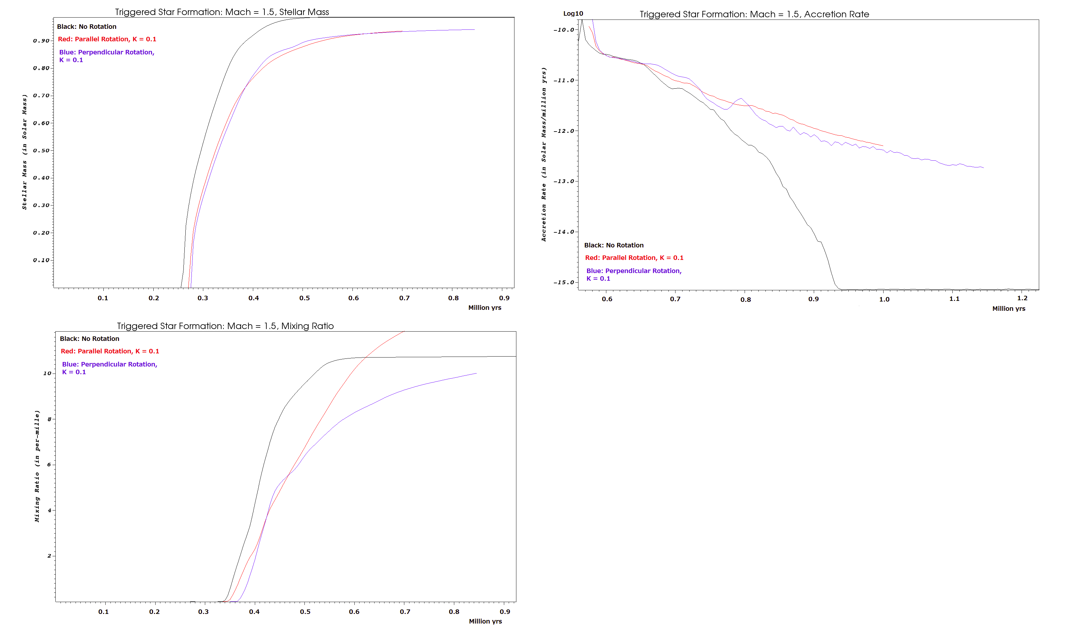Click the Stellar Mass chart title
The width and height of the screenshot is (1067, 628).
click(222, 12)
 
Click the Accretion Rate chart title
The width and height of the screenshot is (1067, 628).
click(754, 14)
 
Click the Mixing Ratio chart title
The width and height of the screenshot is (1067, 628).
click(225, 326)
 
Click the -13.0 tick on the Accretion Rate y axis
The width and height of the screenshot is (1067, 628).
click(564, 181)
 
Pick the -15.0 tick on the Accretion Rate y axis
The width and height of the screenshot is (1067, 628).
click(564, 282)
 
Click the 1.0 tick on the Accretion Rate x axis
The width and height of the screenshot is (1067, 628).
click(885, 299)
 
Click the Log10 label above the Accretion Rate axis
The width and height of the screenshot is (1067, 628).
click(573, 13)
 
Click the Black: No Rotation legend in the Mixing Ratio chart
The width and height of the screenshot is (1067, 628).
click(90, 339)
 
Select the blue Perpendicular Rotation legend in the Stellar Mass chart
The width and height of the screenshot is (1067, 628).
click(107, 56)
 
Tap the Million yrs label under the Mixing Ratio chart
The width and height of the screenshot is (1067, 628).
click(485, 621)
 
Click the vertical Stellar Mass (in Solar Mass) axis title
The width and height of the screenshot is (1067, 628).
click(25, 152)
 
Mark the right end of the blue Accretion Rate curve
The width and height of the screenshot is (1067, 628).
click(983, 168)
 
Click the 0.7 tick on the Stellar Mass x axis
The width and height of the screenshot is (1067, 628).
click(404, 298)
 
